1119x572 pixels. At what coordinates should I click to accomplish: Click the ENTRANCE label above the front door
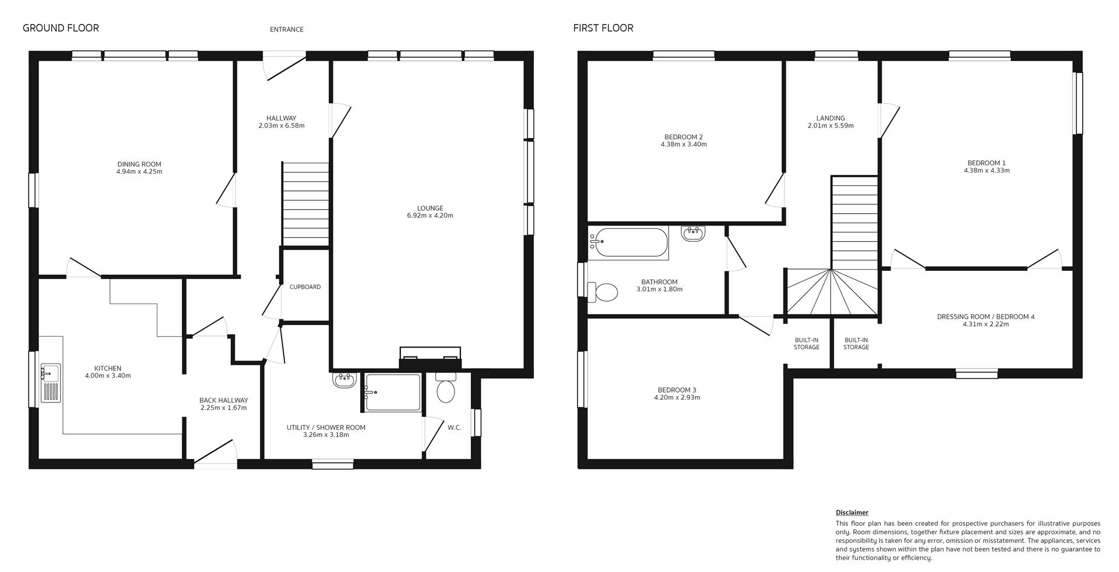point(286,29)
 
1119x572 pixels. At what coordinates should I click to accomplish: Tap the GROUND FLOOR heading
point(61,28)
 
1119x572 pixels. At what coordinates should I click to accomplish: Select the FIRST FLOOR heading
point(603,28)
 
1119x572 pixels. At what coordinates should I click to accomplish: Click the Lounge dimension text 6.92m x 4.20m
point(430,216)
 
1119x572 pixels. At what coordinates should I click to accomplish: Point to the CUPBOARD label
point(305,287)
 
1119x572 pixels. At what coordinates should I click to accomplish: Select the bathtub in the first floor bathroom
point(628,243)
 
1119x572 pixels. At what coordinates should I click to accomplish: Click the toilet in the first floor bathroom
point(603,292)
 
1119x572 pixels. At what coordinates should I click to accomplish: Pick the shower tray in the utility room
point(393,392)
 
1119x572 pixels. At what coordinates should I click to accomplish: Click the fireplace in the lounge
point(430,359)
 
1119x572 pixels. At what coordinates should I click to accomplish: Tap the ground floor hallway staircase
point(305,204)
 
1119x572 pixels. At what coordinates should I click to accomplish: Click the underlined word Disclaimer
point(852,513)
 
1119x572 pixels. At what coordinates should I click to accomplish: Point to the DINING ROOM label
point(139,164)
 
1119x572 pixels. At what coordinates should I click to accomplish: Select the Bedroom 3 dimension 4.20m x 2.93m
point(677,398)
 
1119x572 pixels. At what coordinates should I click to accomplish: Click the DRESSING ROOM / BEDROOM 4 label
point(986,317)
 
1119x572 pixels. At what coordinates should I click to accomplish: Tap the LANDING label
point(831,118)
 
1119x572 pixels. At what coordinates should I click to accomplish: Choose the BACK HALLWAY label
point(224,400)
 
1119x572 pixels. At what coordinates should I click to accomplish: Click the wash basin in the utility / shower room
point(344,380)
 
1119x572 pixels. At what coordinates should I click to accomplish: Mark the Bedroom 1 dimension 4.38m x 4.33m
point(987,171)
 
